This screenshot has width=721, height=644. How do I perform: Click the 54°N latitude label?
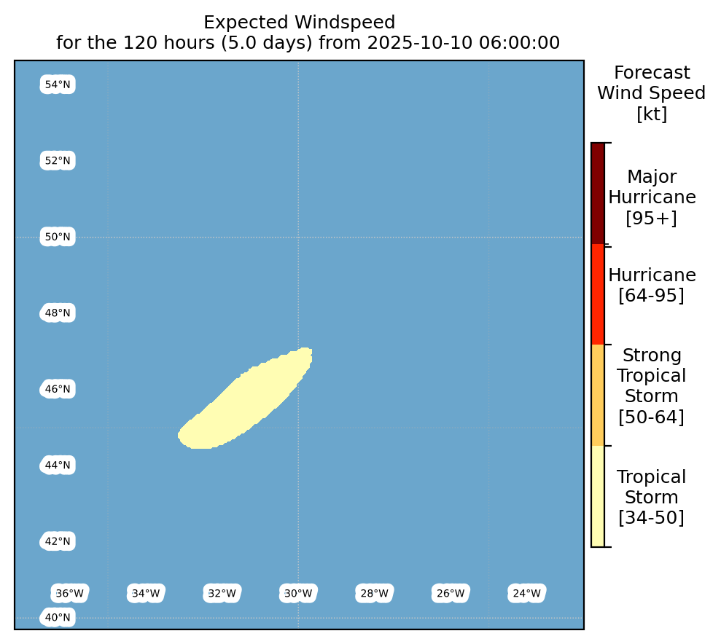[x=58, y=85]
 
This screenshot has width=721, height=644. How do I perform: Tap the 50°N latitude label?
[x=58, y=237]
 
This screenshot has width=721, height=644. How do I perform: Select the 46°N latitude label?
[x=58, y=389]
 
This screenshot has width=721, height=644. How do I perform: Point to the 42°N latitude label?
[x=58, y=541]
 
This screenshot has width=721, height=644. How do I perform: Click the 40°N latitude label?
[x=58, y=617]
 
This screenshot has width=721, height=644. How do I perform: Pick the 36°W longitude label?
[x=70, y=594]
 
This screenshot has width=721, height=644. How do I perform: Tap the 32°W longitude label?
[x=222, y=594]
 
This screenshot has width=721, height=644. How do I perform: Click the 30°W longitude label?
[x=298, y=594]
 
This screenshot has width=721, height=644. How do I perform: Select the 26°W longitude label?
[x=451, y=594]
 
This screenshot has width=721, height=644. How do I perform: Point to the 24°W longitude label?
[x=527, y=594]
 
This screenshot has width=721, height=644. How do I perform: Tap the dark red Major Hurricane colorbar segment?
[x=598, y=193]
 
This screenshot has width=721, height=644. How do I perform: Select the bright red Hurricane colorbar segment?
[x=598, y=294]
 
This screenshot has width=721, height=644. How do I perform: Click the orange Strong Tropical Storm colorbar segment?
[x=598, y=395]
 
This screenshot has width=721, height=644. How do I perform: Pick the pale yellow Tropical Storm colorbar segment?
[x=598, y=496]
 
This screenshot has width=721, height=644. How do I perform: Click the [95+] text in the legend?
[x=652, y=217]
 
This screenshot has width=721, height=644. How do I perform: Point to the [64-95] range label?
[x=652, y=295]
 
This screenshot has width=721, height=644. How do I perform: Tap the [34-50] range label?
[x=652, y=517]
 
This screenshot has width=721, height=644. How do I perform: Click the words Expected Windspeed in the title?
[x=300, y=22]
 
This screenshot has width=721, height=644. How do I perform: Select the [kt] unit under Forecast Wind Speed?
[x=652, y=114]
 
